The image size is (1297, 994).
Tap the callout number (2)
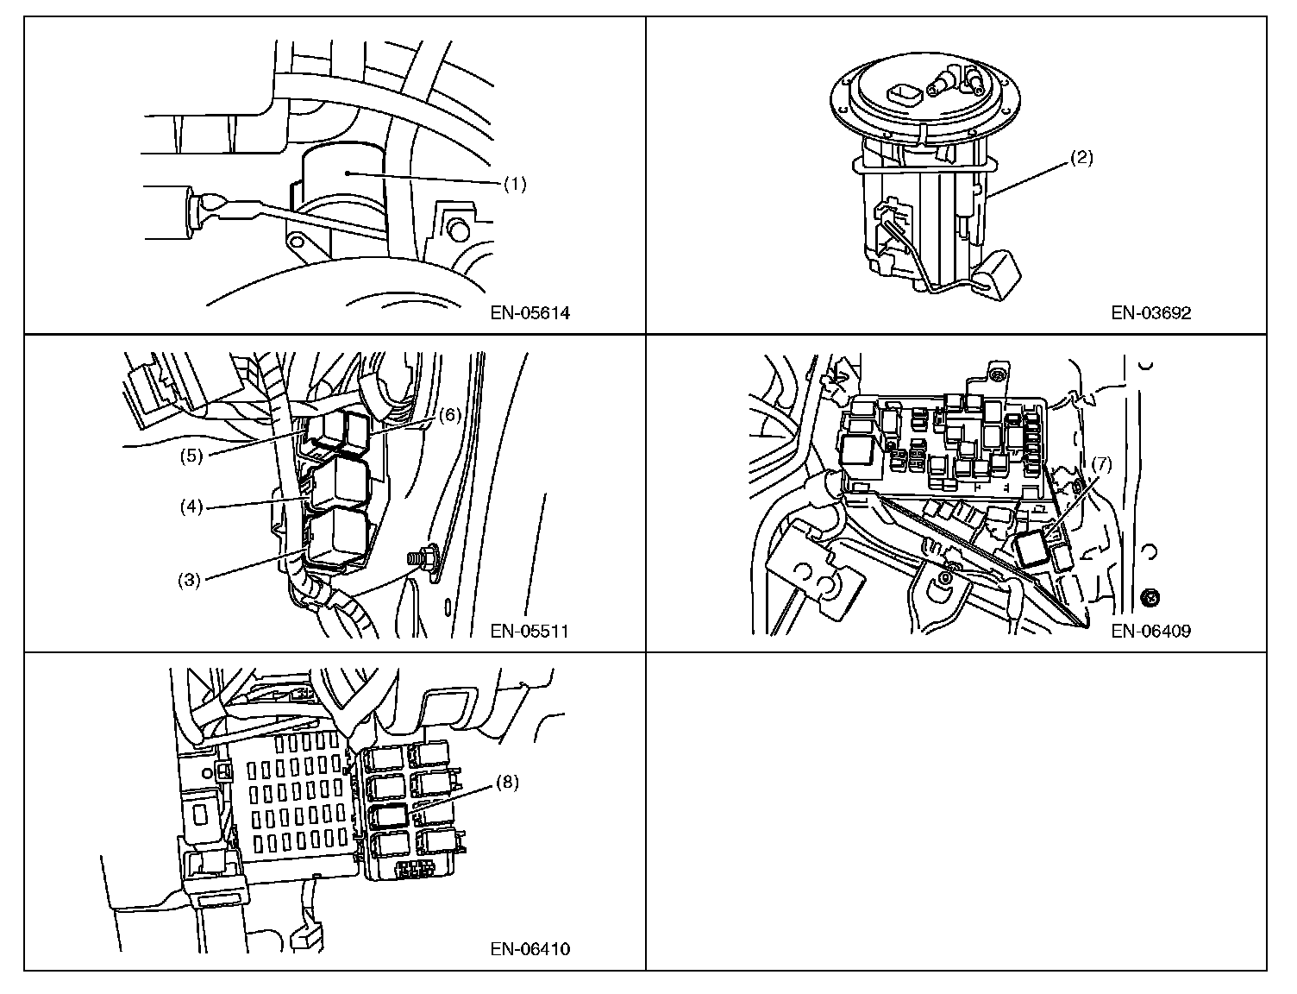1081,158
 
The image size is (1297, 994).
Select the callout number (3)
190,580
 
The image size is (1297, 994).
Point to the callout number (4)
191,506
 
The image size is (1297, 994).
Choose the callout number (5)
191,455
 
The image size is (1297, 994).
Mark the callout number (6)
450,414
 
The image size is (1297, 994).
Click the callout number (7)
1101,464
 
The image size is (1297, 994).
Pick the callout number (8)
507,783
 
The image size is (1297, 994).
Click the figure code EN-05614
530,313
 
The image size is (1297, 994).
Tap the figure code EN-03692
1150,313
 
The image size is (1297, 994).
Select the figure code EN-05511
529,631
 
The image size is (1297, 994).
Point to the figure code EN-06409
1150,631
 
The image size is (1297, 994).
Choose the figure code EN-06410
530,949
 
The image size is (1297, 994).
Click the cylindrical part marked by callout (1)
343,186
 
